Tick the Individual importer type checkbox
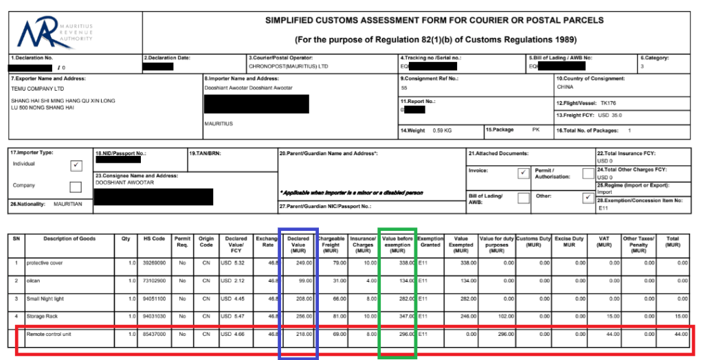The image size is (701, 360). pyautogui.click(x=76, y=166)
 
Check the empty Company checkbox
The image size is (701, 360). pyautogui.click(x=76, y=186)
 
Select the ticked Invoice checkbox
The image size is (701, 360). pyautogui.click(x=523, y=173)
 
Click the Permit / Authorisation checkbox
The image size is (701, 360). pyautogui.click(x=588, y=173)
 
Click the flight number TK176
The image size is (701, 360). pyautogui.click(x=608, y=102)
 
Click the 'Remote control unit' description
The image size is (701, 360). pyautogui.click(x=50, y=334)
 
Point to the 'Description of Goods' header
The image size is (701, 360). pyautogui.click(x=69, y=239)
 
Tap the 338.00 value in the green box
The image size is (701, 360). pyautogui.click(x=403, y=262)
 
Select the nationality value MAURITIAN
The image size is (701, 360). pyautogui.click(x=67, y=204)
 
